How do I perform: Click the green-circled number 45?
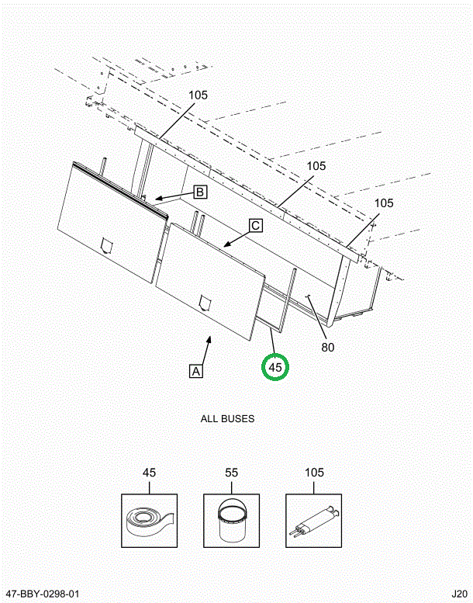point(276,366)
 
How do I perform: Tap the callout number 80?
point(327,347)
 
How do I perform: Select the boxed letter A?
point(196,371)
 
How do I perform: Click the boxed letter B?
point(199,191)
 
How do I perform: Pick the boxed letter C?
point(255,226)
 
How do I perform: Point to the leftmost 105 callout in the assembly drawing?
point(198,95)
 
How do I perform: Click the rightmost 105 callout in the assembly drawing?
point(384,203)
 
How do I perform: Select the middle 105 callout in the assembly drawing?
point(316,166)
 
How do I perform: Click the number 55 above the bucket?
point(231,473)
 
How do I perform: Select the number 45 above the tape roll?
point(149,473)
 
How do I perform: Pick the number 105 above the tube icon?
point(314,473)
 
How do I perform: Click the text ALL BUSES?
point(227,419)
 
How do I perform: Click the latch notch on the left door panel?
point(107,245)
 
